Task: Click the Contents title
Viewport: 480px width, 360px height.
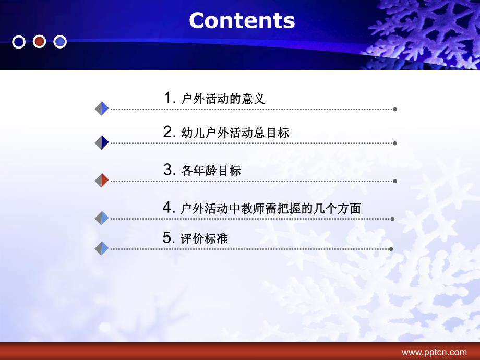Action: tap(242, 20)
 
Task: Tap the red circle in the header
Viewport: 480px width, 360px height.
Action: tap(40, 41)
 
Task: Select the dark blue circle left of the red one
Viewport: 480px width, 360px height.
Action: tap(19, 41)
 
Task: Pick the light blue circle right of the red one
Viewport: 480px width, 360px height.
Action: tap(60, 41)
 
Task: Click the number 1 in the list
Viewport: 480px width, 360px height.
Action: tap(168, 98)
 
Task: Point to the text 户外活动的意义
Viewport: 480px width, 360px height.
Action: tap(223, 99)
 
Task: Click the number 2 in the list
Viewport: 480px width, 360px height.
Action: tap(168, 131)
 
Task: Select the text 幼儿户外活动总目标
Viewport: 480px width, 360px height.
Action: tap(235, 133)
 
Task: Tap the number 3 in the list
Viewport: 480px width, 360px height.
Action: tap(168, 169)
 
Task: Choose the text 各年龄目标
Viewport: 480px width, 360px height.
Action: tap(211, 170)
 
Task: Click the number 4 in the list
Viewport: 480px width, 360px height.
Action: tap(168, 207)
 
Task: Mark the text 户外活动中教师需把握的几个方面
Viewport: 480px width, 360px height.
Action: tap(270, 208)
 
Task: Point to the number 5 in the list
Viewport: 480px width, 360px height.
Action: tap(168, 238)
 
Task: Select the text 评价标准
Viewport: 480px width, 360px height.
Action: tap(205, 239)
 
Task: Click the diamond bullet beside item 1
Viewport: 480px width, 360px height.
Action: tap(102, 109)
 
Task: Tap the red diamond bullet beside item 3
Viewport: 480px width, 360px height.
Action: tap(102, 181)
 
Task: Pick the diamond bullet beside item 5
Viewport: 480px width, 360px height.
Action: tap(102, 248)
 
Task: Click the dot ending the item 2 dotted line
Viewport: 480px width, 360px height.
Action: tap(395, 143)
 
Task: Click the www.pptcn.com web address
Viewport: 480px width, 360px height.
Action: tap(434, 352)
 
